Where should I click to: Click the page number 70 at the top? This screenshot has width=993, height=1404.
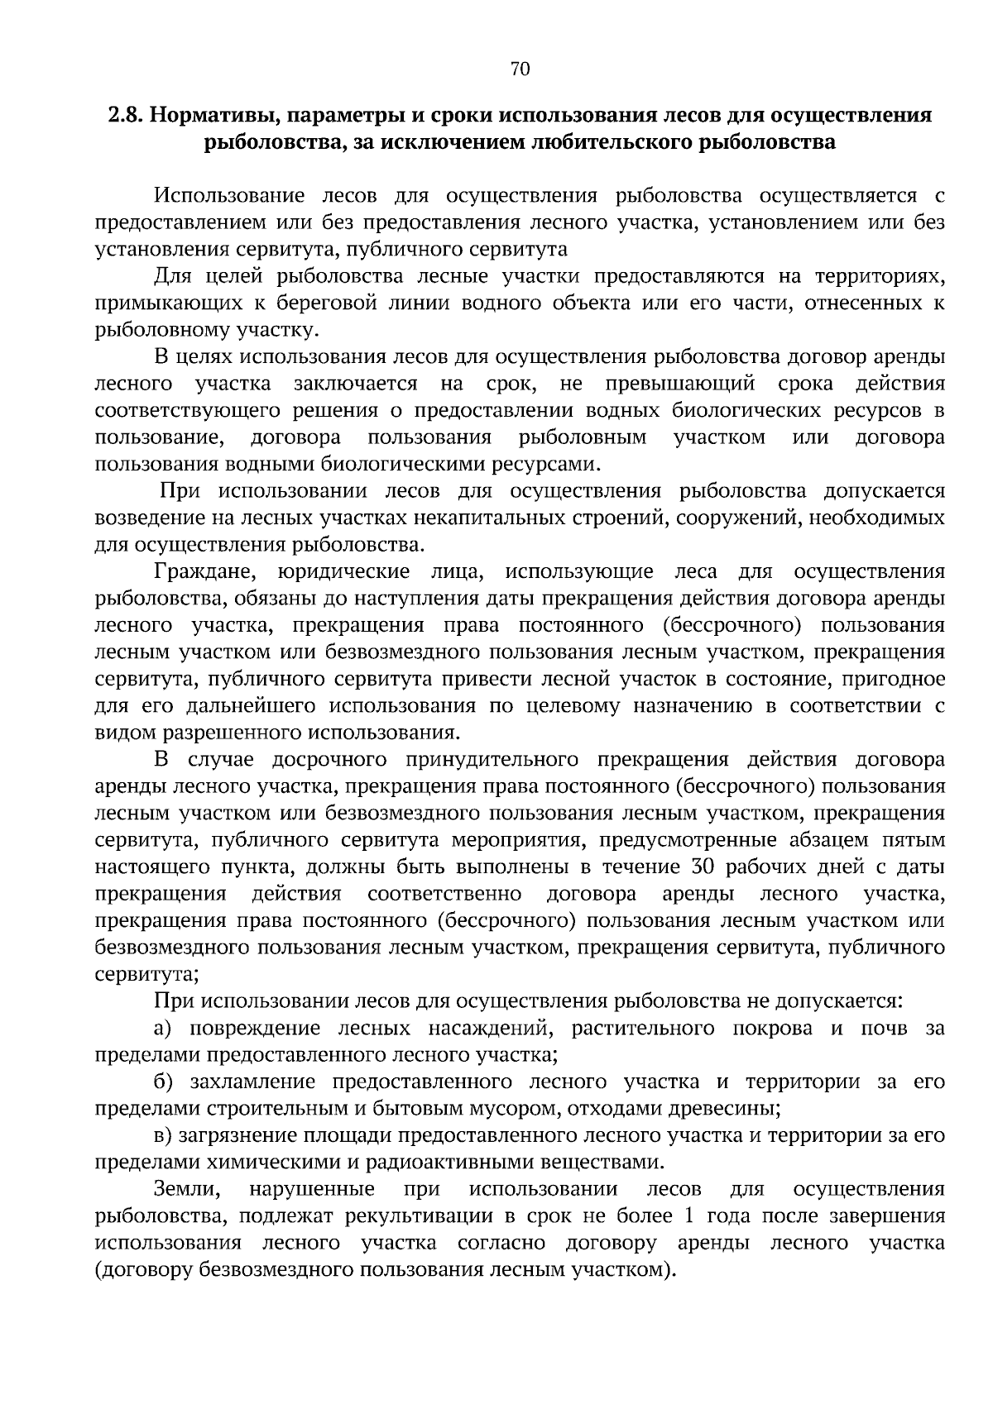520,69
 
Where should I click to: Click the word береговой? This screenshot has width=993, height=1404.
328,303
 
